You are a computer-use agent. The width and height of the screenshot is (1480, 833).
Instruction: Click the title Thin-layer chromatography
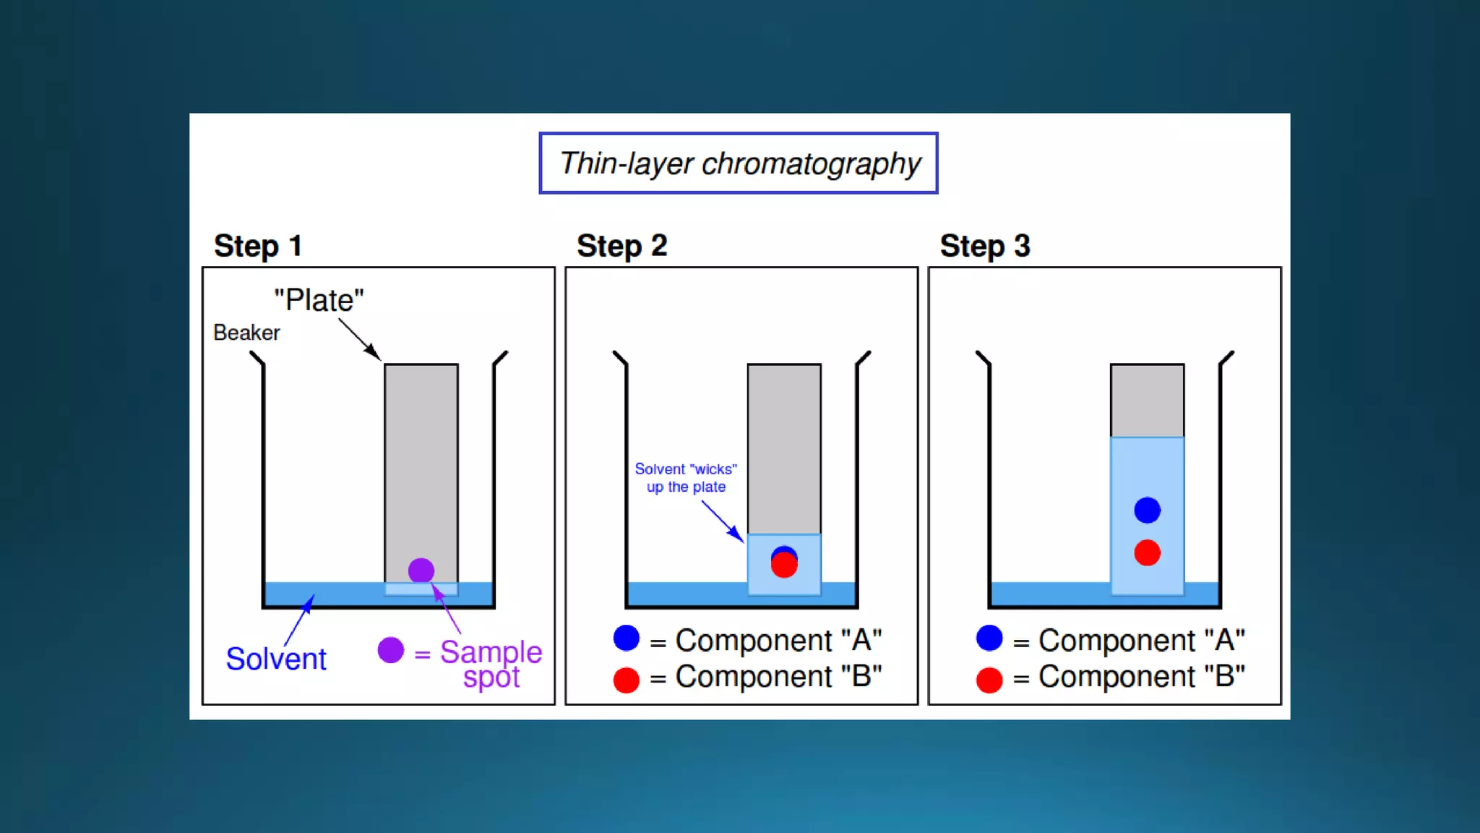click(x=739, y=163)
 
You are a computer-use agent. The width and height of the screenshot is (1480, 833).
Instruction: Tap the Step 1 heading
click(x=257, y=246)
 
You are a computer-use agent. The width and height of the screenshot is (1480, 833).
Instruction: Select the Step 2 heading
click(x=621, y=246)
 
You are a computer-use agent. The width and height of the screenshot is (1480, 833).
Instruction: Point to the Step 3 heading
click(x=984, y=246)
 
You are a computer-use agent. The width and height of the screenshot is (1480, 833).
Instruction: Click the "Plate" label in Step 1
click(x=319, y=300)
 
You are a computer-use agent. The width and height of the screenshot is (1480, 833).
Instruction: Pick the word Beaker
click(x=246, y=333)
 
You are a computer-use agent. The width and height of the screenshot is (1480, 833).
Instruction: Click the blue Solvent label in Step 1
click(x=276, y=659)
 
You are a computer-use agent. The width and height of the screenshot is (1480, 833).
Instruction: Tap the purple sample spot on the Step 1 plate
click(x=421, y=571)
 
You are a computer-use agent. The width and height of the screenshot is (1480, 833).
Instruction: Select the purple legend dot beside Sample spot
click(x=390, y=650)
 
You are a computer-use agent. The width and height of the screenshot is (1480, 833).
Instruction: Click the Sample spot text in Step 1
click(x=491, y=664)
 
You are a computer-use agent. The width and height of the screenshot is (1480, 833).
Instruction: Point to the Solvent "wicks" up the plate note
click(x=686, y=478)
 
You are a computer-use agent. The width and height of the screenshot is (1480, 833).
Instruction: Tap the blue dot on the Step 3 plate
click(x=1147, y=511)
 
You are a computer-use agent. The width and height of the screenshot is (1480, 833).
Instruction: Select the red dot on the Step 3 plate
click(x=1147, y=553)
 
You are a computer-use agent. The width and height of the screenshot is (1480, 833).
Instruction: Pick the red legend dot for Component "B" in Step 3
click(x=989, y=680)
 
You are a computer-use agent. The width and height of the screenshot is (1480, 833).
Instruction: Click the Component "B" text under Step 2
click(x=778, y=677)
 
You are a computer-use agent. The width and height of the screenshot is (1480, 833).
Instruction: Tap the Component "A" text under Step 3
click(x=1142, y=640)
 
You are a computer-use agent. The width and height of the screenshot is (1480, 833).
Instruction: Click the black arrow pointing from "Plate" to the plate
click(x=359, y=340)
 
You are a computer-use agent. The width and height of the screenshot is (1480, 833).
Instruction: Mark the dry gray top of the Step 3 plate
click(x=1147, y=401)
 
